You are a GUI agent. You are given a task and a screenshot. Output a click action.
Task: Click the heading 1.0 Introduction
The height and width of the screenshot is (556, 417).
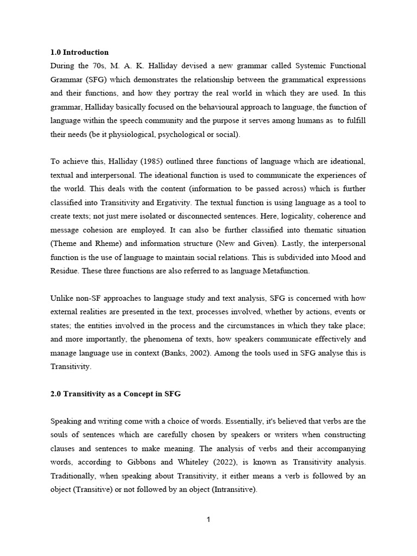pyautogui.click(x=79, y=53)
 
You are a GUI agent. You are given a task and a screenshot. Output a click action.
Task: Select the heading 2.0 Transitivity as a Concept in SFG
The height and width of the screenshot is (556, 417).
pyautogui.click(x=115, y=394)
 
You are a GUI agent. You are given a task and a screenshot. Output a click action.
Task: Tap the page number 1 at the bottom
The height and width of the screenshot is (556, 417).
pyautogui.click(x=208, y=520)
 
